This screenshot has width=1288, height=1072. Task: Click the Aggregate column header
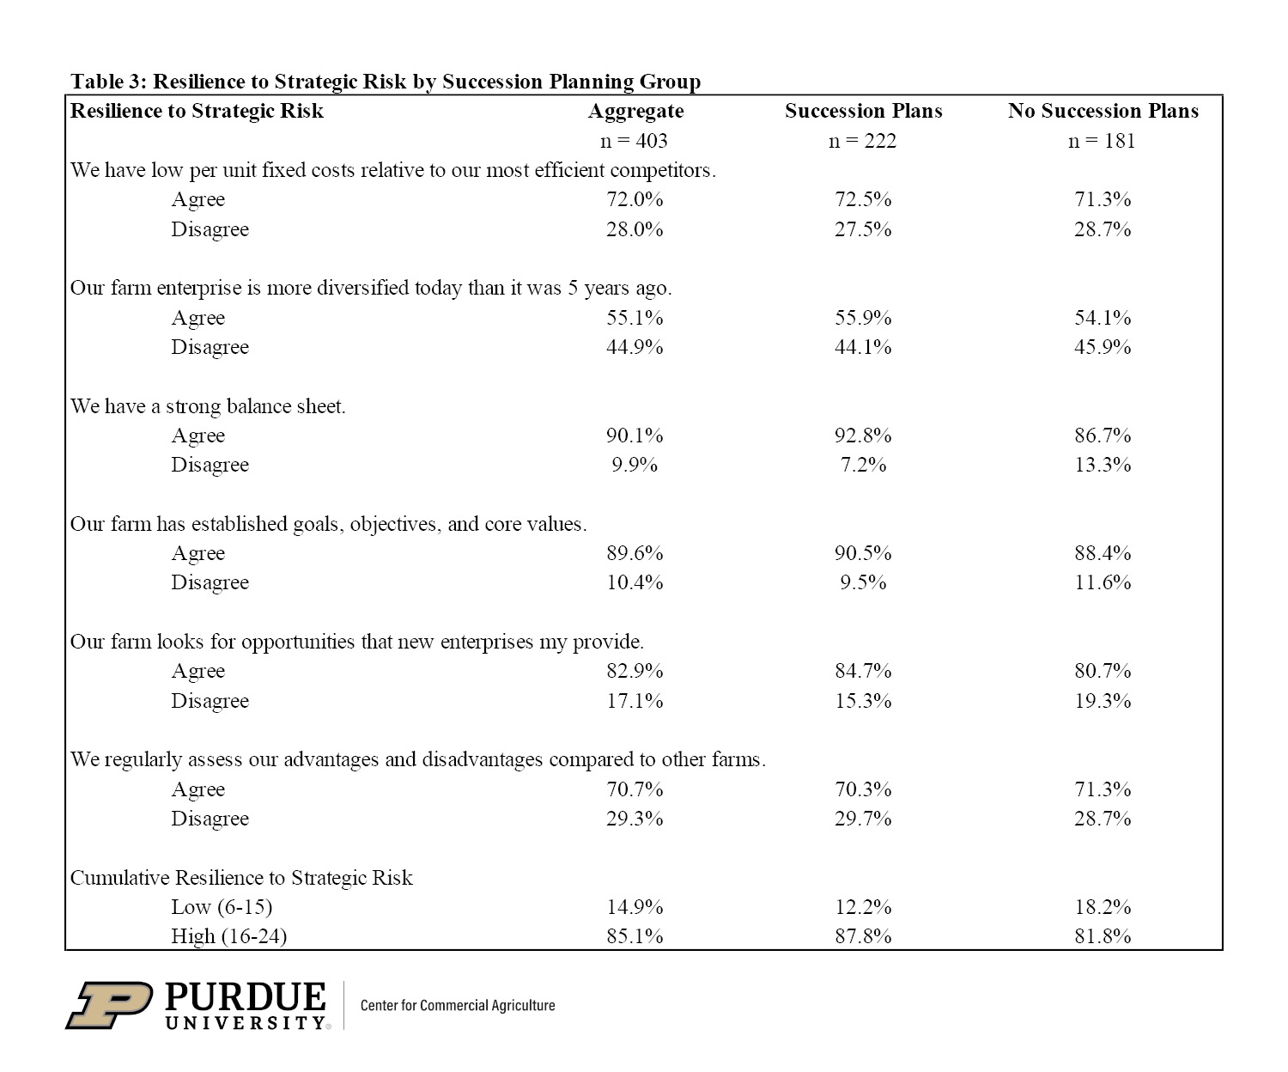[635, 112]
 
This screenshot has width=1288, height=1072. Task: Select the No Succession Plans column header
[1103, 111]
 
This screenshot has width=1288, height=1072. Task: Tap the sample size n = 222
[862, 141]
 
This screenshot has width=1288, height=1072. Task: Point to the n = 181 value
[1102, 141]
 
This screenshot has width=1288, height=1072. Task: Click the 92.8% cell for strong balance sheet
[863, 435]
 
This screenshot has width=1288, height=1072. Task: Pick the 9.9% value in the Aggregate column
[635, 465]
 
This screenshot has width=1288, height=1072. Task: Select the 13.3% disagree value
[1103, 465]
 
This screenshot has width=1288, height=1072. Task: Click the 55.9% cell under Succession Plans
[863, 318]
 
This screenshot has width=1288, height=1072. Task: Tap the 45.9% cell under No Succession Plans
[1103, 347]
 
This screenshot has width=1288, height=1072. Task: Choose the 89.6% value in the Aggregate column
[635, 553]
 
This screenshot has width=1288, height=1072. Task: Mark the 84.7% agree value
[863, 671]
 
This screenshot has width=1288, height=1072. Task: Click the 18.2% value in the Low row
[1103, 907]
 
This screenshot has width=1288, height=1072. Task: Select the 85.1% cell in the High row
[635, 936]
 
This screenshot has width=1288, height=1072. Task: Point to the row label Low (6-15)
[222, 907]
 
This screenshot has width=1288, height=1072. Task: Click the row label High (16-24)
[228, 936]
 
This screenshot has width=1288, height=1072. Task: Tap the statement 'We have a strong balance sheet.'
[208, 406]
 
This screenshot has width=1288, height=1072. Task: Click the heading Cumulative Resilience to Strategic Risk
[241, 878]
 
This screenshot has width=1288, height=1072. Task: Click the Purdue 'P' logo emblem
[109, 1005]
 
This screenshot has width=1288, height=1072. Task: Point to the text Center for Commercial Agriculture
[458, 1005]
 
